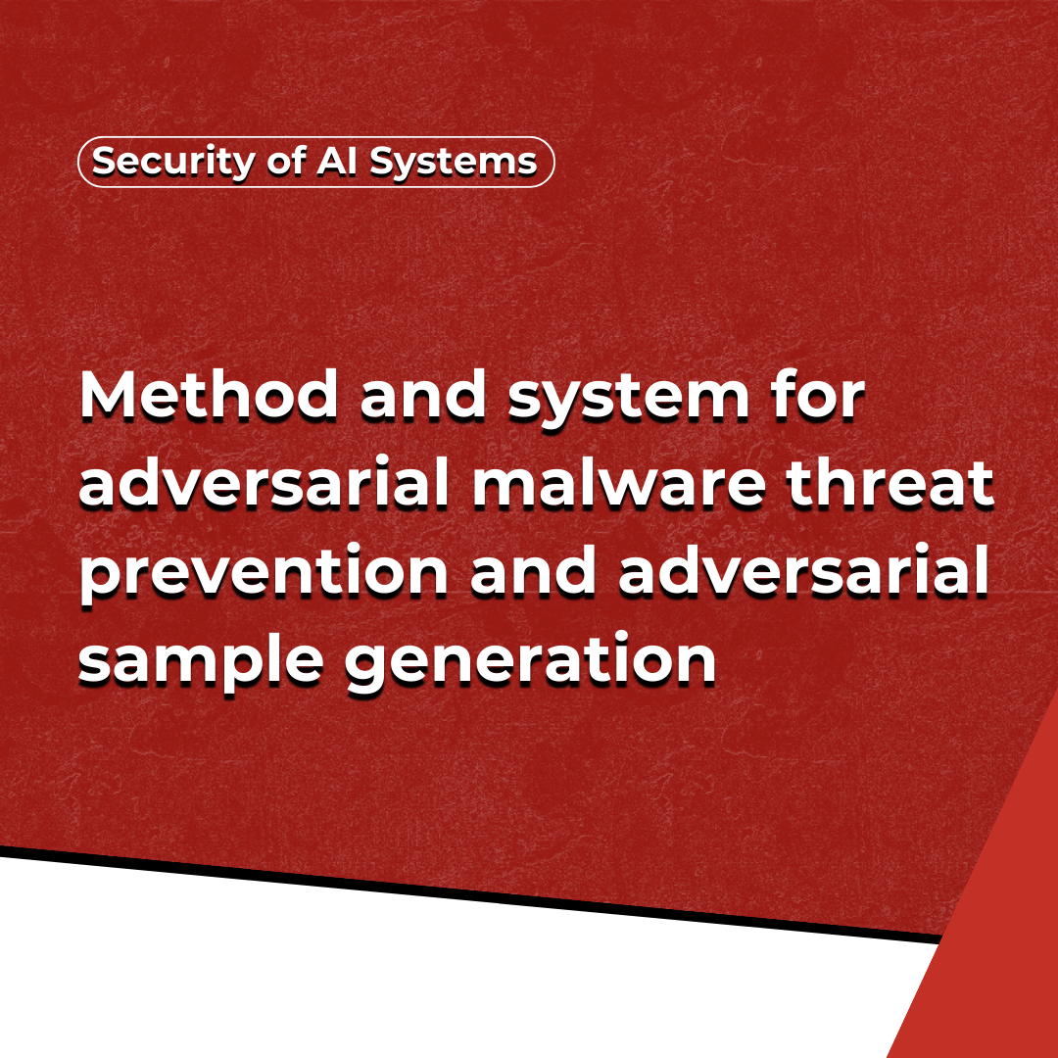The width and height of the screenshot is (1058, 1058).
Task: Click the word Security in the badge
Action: tap(173, 163)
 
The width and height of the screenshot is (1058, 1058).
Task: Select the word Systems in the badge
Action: tap(454, 163)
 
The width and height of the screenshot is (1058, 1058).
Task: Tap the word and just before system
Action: tap(423, 396)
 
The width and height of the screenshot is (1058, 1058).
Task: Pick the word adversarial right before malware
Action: tap(264, 483)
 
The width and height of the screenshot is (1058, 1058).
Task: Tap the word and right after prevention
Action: tap(533, 571)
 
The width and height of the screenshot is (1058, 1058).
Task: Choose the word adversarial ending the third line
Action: tap(803, 571)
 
